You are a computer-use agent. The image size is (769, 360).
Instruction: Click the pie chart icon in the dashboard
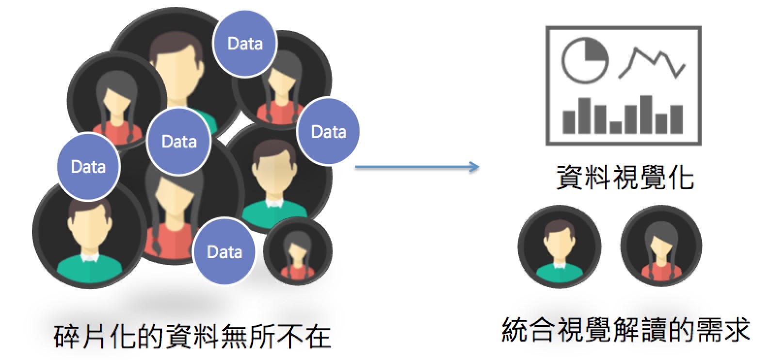click(585, 61)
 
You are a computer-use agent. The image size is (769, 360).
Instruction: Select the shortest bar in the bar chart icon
click(615, 127)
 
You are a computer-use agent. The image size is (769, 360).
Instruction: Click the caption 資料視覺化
click(625, 177)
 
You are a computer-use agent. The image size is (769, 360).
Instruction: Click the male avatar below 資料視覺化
click(559, 246)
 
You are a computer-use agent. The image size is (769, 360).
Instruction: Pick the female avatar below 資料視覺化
click(661, 246)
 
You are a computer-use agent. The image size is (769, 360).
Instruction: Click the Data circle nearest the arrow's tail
click(328, 131)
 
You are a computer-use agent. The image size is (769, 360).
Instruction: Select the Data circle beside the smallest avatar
click(224, 251)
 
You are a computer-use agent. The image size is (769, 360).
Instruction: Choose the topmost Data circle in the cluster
click(245, 44)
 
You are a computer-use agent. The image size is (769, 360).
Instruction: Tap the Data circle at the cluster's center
click(179, 141)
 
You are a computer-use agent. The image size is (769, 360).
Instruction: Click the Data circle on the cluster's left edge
click(89, 166)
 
